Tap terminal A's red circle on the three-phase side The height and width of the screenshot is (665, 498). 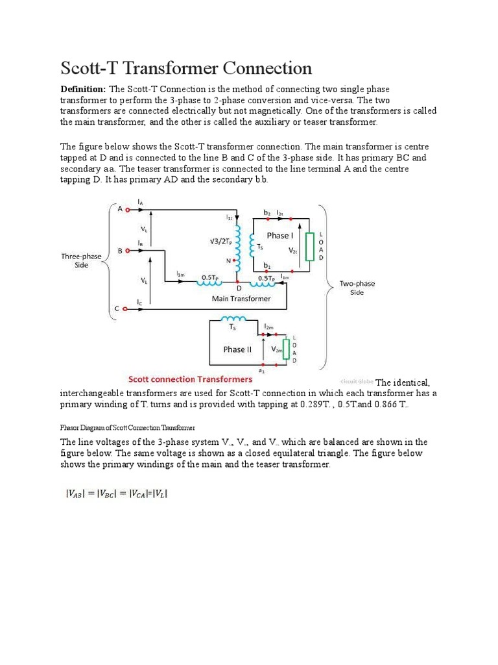(x=128, y=209)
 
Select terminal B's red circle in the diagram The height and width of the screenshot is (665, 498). (x=128, y=250)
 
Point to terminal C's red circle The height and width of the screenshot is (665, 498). (x=128, y=309)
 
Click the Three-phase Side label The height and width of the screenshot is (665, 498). (x=81, y=261)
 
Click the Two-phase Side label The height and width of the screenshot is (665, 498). (x=357, y=288)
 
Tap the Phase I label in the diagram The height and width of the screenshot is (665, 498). (x=279, y=236)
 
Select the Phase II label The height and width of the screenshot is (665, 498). (x=237, y=349)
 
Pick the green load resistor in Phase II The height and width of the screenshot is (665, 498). (x=285, y=350)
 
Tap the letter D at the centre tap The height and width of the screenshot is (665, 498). (x=239, y=287)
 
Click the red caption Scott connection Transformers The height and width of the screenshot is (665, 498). (x=190, y=379)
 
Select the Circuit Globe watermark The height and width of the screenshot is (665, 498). (x=357, y=382)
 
